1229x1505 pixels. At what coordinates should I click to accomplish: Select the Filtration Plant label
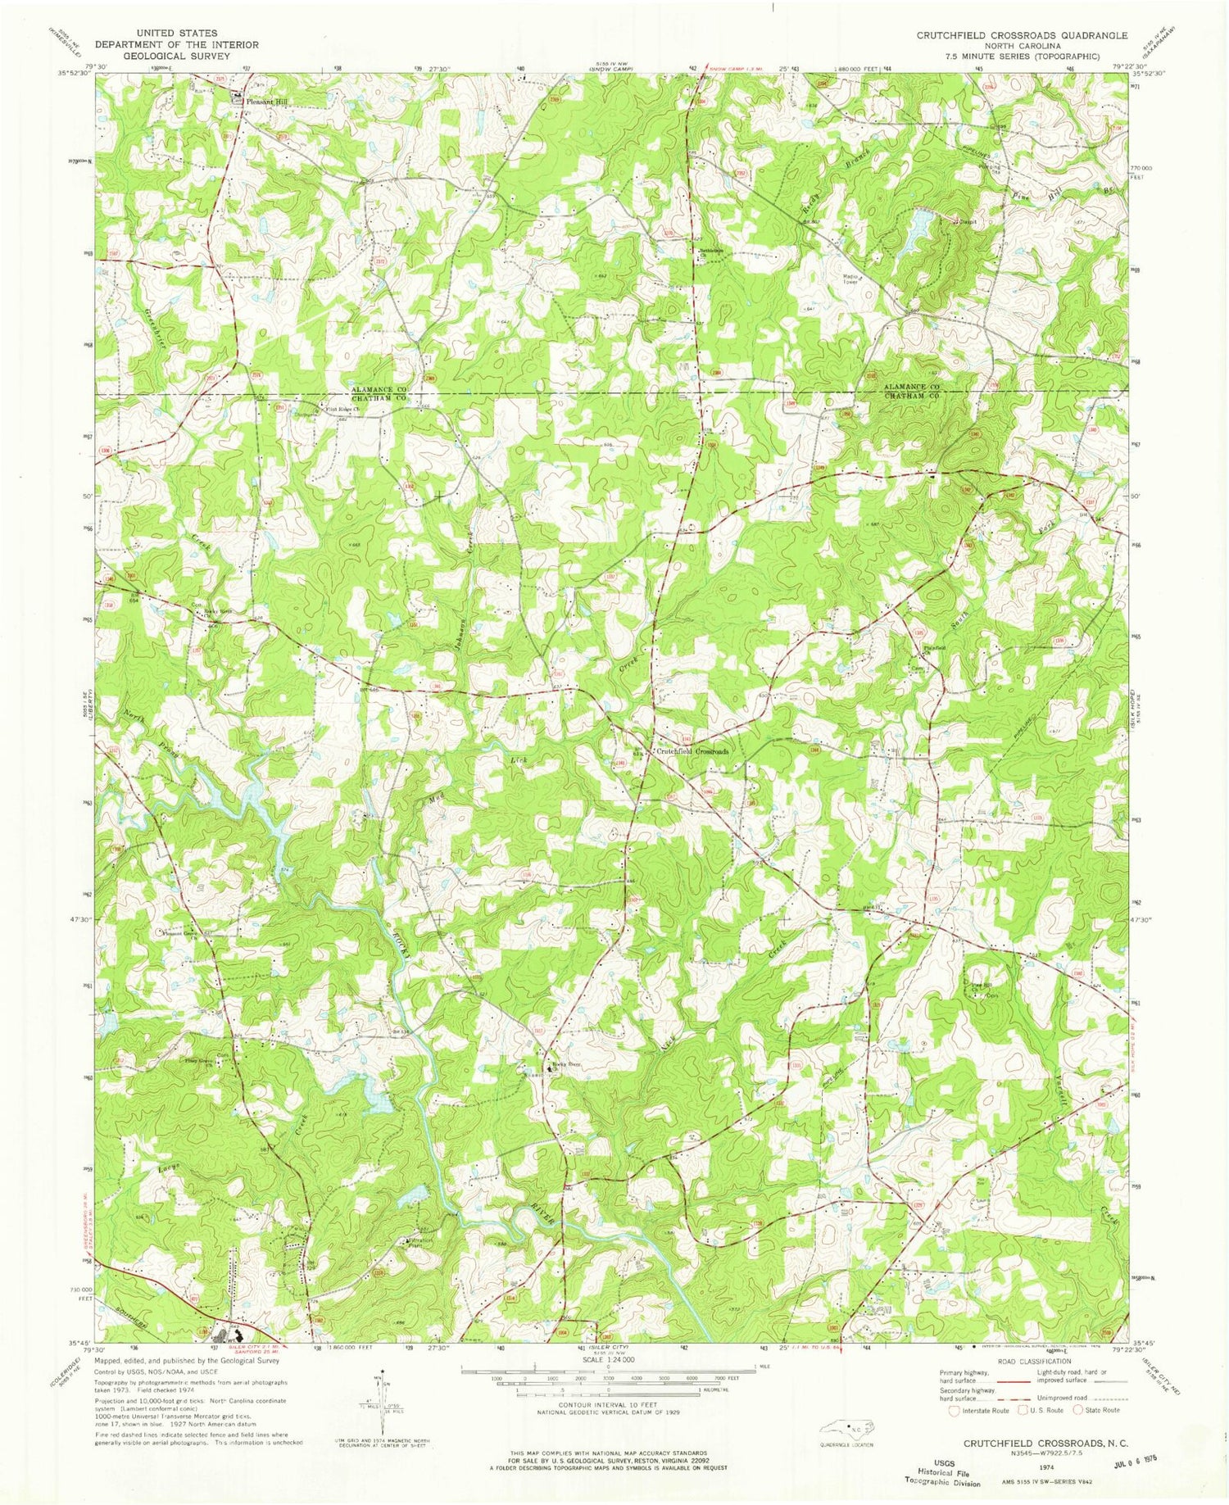click(x=419, y=1241)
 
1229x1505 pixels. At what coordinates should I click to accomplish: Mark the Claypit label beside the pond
click(x=970, y=220)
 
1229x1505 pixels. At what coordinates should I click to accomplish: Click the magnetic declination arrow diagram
click(x=382, y=1397)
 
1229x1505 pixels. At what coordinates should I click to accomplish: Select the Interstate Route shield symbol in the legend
click(x=954, y=1410)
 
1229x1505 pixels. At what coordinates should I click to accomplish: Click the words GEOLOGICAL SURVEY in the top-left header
click(x=178, y=56)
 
